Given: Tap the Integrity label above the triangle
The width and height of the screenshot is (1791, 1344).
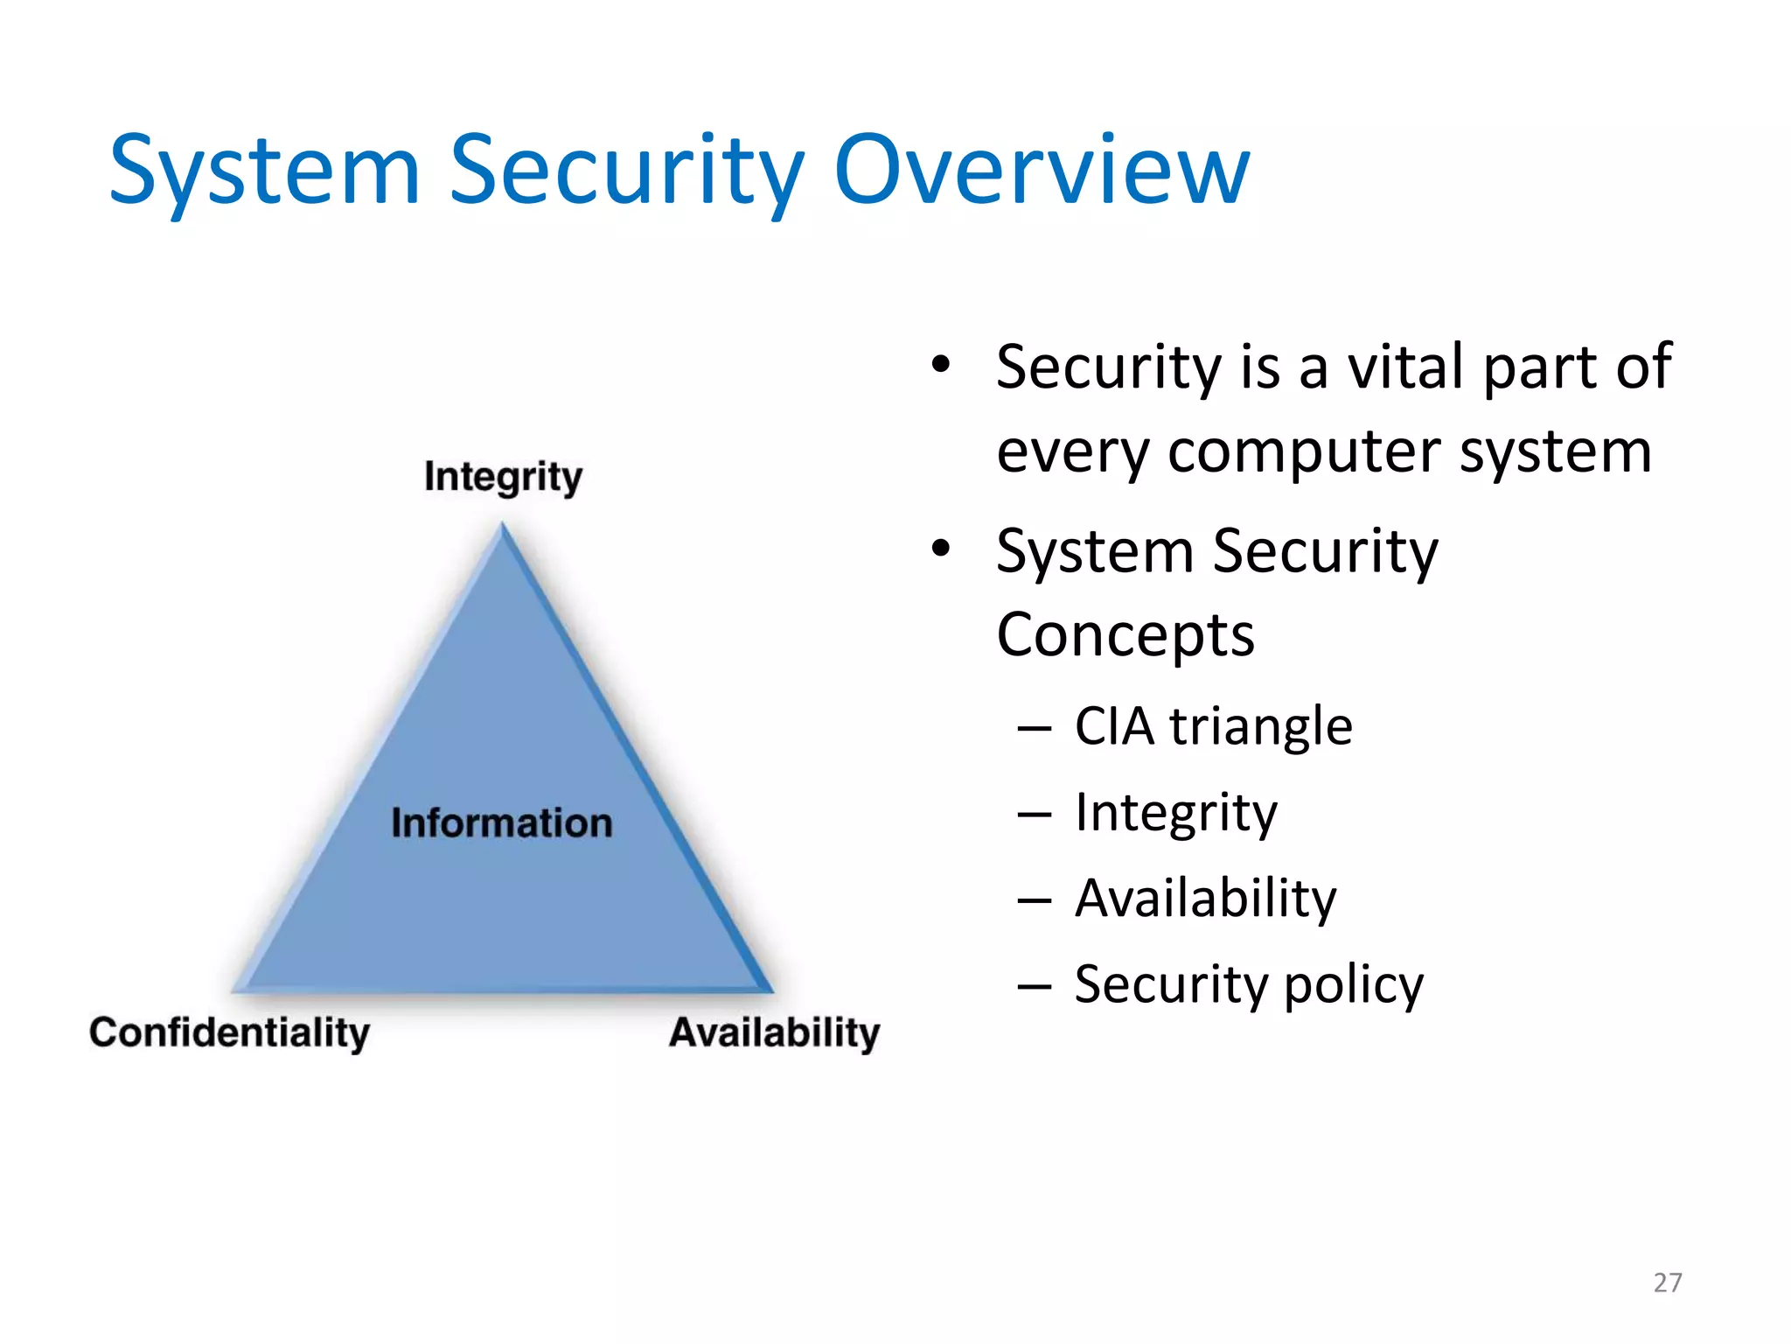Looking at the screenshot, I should [x=503, y=478].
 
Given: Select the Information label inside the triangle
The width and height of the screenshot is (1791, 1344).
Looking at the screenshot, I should [x=501, y=823].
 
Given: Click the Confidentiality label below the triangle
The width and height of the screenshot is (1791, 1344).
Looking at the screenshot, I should [x=229, y=1032].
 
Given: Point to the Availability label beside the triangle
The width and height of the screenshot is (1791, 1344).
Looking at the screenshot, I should [x=774, y=1032].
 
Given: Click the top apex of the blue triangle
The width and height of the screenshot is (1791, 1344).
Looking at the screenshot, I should [x=502, y=528].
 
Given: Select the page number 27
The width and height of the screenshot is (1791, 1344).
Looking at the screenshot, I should [x=1667, y=1283].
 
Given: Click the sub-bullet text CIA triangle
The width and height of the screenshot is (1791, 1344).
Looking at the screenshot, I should [x=1213, y=726].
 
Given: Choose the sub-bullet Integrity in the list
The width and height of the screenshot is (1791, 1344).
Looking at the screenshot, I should [x=1175, y=813].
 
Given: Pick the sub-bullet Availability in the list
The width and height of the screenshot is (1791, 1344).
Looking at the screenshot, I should [x=1205, y=899].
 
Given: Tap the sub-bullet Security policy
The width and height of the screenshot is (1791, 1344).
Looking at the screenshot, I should [x=1248, y=984].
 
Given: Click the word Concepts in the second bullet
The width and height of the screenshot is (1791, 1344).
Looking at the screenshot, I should [x=1125, y=634].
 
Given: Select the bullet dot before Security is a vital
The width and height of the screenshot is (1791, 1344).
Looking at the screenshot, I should [x=940, y=365].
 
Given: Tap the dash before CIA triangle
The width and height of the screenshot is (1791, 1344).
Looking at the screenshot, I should [x=1035, y=728].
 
